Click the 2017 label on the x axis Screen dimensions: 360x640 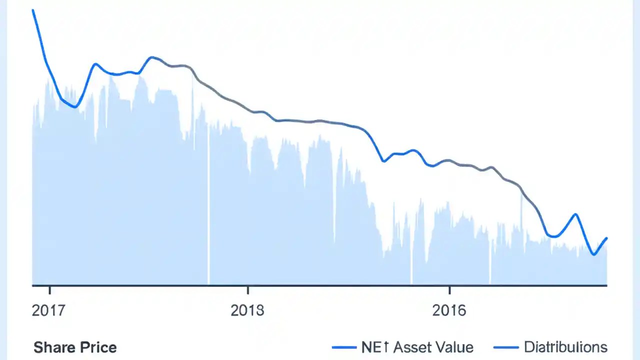tap(48, 310)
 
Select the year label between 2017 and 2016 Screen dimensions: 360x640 tap(247, 310)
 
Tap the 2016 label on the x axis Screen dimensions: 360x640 tap(449, 310)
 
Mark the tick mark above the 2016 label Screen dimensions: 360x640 tap(449, 289)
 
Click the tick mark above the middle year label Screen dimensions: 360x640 tap(247, 289)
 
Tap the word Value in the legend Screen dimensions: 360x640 tap(454, 347)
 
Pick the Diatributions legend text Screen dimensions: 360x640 tap(565, 347)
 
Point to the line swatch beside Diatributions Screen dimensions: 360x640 tap(505, 347)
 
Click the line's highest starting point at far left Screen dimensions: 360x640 tap(33, 10)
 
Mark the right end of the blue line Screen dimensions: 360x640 tap(607, 238)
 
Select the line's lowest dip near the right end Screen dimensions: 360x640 tap(593, 254)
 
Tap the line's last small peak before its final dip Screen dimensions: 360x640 tap(576, 214)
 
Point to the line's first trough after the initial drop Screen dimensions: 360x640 tap(75, 107)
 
